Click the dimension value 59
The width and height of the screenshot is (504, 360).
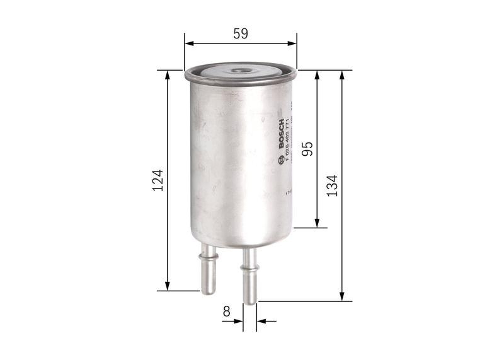point(240,34)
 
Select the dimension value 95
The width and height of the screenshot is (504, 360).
point(307,149)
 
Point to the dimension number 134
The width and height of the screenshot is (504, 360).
point(332,185)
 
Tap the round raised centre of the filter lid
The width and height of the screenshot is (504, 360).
point(241,73)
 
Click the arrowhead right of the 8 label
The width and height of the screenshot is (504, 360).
point(261,321)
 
